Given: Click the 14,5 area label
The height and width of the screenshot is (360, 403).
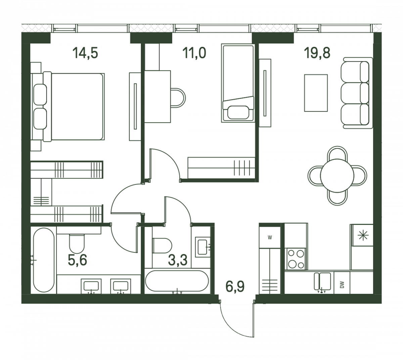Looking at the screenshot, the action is click(x=85, y=53).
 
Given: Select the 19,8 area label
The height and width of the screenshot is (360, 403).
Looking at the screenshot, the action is click(x=317, y=53).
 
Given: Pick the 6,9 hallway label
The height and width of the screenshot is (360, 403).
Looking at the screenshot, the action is click(x=235, y=286).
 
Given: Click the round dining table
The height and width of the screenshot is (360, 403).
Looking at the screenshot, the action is click(x=337, y=175).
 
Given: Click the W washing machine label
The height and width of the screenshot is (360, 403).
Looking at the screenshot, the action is click(x=270, y=238).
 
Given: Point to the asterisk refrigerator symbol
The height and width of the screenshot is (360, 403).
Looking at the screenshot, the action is click(x=363, y=235).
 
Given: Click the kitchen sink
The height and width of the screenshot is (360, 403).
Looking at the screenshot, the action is click(x=322, y=281).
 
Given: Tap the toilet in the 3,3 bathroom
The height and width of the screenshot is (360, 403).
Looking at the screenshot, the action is click(x=162, y=245).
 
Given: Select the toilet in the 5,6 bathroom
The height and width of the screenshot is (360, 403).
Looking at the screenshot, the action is click(x=77, y=244).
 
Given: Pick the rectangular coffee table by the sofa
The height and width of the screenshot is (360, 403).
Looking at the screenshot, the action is click(x=316, y=93).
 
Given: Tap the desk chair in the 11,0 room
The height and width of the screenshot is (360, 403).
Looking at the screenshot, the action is click(x=178, y=98).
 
